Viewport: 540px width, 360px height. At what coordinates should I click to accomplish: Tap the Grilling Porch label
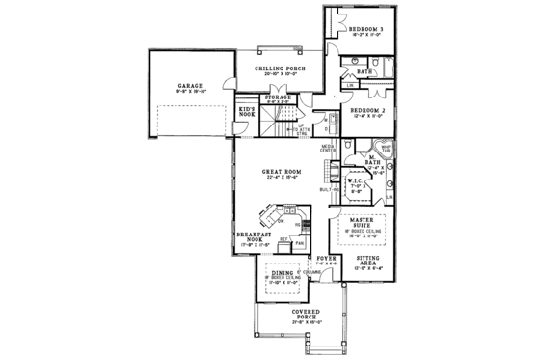point(281,69)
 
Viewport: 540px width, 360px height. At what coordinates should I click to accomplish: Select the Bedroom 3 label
point(366,30)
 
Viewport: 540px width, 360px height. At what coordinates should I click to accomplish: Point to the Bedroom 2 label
point(367,112)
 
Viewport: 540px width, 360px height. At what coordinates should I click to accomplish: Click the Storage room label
point(278,97)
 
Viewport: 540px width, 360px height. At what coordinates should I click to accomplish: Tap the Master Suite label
point(367,221)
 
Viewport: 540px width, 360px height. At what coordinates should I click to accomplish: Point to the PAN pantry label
point(299,242)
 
